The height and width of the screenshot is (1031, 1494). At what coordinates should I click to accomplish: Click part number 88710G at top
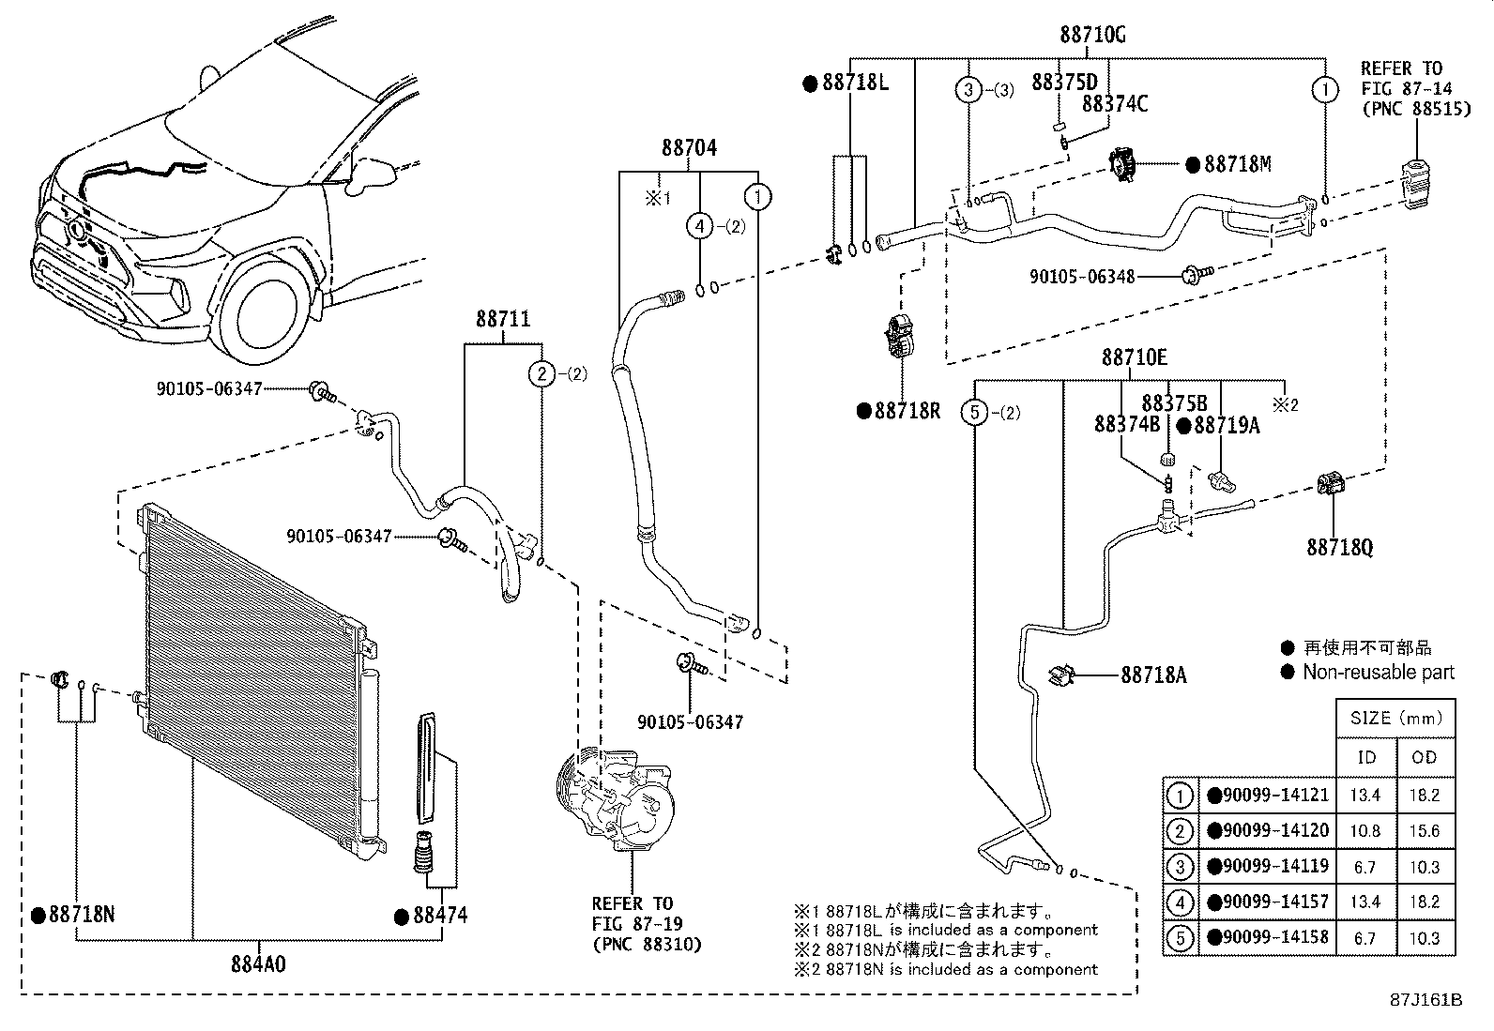[x=1093, y=35]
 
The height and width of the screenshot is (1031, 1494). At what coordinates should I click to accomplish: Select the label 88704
[x=689, y=147]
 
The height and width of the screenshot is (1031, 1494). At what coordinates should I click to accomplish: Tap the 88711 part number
[x=502, y=319]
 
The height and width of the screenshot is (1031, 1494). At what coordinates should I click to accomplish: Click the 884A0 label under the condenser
[x=258, y=963]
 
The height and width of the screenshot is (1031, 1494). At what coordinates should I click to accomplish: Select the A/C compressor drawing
[x=617, y=798]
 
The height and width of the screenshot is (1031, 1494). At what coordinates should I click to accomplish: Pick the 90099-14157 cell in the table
[x=1268, y=902]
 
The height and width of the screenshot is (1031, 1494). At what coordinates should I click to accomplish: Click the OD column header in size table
[x=1425, y=758]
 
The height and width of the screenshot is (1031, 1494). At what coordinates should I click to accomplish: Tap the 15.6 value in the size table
[x=1425, y=831]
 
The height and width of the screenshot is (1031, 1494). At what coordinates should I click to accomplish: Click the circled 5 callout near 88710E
[x=976, y=412]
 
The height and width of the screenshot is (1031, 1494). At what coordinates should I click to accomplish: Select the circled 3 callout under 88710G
[x=968, y=90]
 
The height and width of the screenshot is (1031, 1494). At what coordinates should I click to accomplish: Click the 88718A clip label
[x=1153, y=675]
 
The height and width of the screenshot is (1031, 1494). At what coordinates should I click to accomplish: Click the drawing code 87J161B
[x=1426, y=1000]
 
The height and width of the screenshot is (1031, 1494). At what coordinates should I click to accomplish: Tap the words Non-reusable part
[x=1379, y=672]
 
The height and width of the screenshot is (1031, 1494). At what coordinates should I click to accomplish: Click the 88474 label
[x=438, y=915]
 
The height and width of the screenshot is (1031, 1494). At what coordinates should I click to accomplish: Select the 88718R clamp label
[x=907, y=411]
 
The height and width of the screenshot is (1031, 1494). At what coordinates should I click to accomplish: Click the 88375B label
[x=1174, y=403]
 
